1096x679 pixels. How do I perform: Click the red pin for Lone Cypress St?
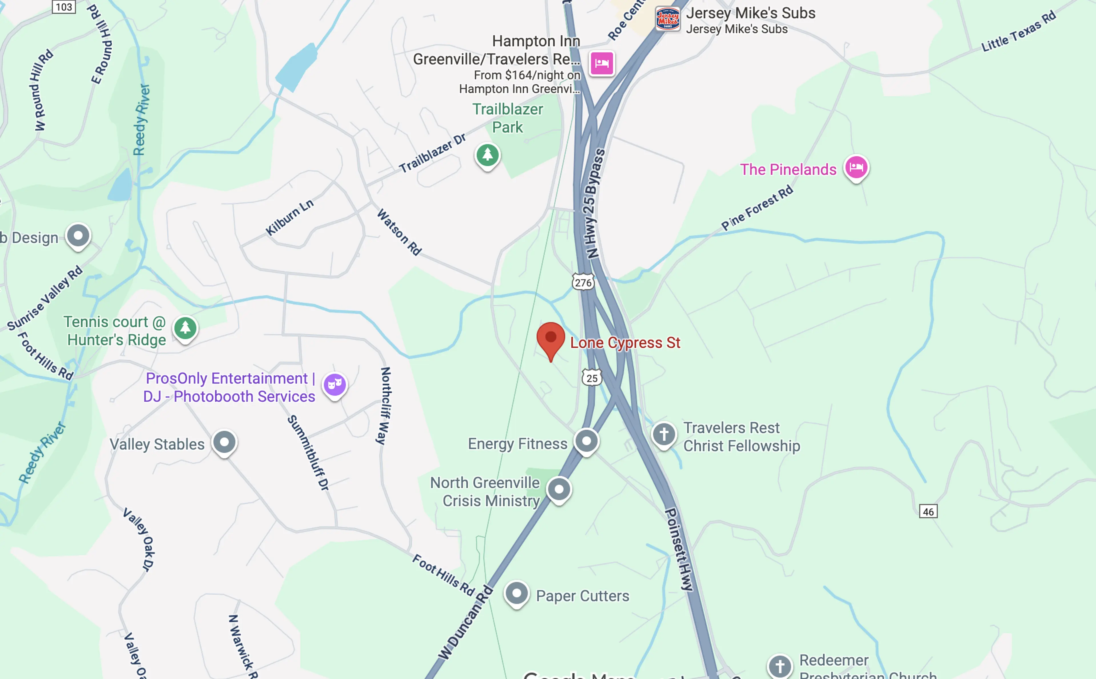(550, 339)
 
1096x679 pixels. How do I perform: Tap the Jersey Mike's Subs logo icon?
(668, 19)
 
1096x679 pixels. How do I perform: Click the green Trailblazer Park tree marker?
(487, 155)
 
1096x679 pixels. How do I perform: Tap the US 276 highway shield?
(583, 282)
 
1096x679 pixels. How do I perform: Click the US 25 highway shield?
(592, 378)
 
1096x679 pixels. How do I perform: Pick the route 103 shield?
(64, 7)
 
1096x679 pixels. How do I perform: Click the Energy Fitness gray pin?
(586, 441)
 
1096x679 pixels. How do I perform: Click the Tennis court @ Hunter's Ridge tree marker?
(185, 328)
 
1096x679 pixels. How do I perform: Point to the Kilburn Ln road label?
(289, 217)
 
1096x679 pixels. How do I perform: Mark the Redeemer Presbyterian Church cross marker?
(780, 666)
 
